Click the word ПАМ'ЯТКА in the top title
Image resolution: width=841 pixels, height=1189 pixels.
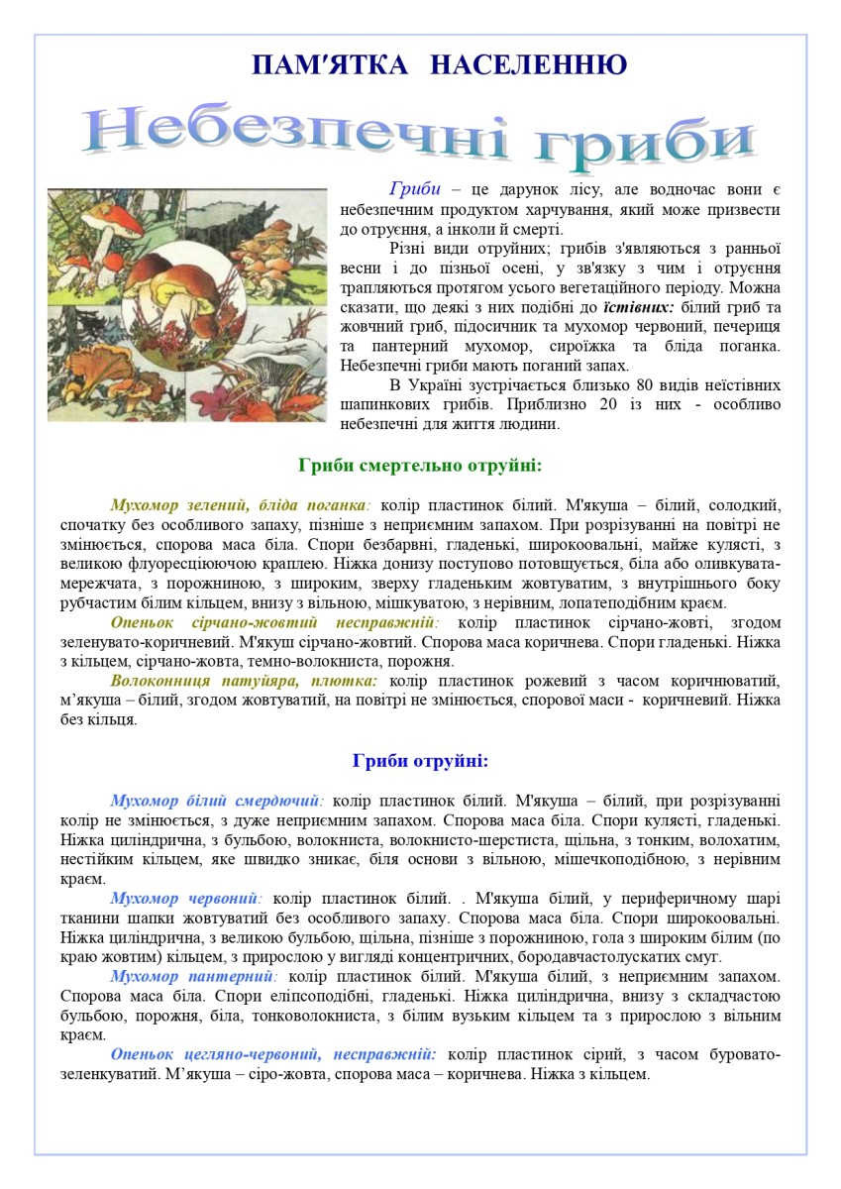pyautogui.click(x=330, y=65)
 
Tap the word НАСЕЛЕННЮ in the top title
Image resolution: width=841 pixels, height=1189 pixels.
pyautogui.click(x=530, y=65)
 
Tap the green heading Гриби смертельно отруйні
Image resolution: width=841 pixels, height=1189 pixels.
pyautogui.click(x=420, y=465)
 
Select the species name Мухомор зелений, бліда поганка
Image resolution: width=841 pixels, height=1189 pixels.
pyautogui.click(x=241, y=503)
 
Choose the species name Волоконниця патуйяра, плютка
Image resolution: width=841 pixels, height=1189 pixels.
pyautogui.click(x=244, y=682)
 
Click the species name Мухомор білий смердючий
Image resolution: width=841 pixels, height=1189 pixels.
pyautogui.click(x=217, y=800)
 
